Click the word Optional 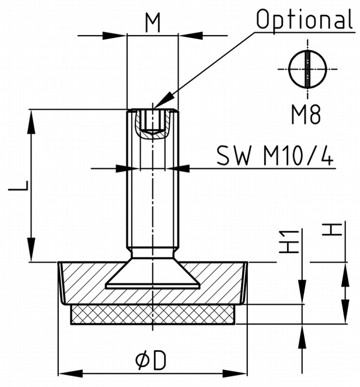click(305, 19)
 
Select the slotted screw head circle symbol click(306, 69)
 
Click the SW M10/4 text click(275, 156)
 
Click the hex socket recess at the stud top click(152, 123)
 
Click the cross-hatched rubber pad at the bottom click(152, 315)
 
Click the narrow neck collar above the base click(152, 253)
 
